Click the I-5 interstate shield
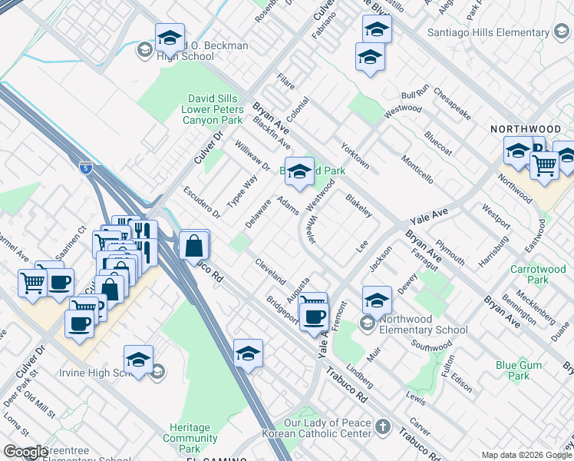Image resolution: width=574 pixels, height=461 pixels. coord(85,167)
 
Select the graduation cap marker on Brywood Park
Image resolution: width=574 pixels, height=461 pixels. coord(299,171)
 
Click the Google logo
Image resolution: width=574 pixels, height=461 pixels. coord(25,452)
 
